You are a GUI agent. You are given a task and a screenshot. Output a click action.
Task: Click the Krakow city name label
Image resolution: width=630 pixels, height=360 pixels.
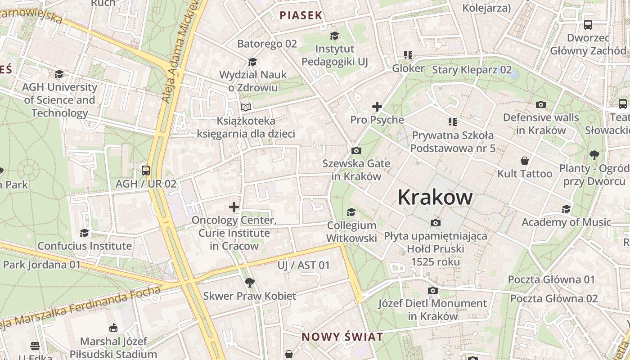pyautogui.click(x=435, y=197)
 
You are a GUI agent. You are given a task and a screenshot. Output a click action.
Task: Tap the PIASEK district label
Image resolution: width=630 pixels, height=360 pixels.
pyautogui.click(x=301, y=15)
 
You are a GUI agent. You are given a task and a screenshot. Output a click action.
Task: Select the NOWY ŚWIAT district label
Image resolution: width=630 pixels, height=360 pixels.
pyautogui.click(x=342, y=337)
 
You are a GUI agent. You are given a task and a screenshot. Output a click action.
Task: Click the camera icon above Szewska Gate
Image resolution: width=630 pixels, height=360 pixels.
pyautogui.click(x=356, y=150)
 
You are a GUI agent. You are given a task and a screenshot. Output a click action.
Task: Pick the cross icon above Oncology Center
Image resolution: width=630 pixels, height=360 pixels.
pyautogui.click(x=234, y=207)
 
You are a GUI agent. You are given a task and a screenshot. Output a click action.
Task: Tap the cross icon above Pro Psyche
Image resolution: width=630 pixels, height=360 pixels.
pyautogui.click(x=377, y=107)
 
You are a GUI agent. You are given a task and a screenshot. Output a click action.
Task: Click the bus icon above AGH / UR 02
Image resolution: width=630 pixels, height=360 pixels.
pyautogui.click(x=146, y=170)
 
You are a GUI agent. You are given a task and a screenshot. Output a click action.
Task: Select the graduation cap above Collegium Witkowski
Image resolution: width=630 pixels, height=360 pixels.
pyautogui.click(x=351, y=212)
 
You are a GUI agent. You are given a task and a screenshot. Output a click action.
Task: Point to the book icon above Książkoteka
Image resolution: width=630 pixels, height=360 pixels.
pyautogui.click(x=246, y=107)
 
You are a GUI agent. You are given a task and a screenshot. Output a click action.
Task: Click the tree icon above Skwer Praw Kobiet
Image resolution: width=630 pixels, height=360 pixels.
pyautogui.click(x=249, y=282)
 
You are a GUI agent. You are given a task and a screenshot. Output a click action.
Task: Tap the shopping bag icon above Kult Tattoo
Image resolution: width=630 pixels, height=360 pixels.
pyautogui.click(x=525, y=160)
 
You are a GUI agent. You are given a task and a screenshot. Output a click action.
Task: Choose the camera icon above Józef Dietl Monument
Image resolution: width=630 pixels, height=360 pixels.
pyautogui.click(x=433, y=290)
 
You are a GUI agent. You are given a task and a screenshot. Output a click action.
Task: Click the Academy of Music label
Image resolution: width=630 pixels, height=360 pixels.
pyautogui.click(x=566, y=222)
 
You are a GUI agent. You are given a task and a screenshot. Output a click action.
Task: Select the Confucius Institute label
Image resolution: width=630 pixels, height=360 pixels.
pyautogui.click(x=85, y=246)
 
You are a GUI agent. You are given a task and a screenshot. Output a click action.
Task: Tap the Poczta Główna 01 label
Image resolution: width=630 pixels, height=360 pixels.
pyautogui.click(x=551, y=279)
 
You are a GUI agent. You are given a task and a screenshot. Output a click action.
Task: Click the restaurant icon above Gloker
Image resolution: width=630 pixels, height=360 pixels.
pyautogui.click(x=408, y=55)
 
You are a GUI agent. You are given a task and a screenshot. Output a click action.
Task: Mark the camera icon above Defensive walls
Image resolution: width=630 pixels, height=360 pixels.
pyautogui.click(x=541, y=104)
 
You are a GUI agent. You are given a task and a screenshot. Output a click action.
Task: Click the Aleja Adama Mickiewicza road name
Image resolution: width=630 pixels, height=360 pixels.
pyautogui.click(x=181, y=49)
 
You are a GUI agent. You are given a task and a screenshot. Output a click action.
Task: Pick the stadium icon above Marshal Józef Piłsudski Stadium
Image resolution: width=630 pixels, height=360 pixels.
pyautogui.click(x=113, y=328)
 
